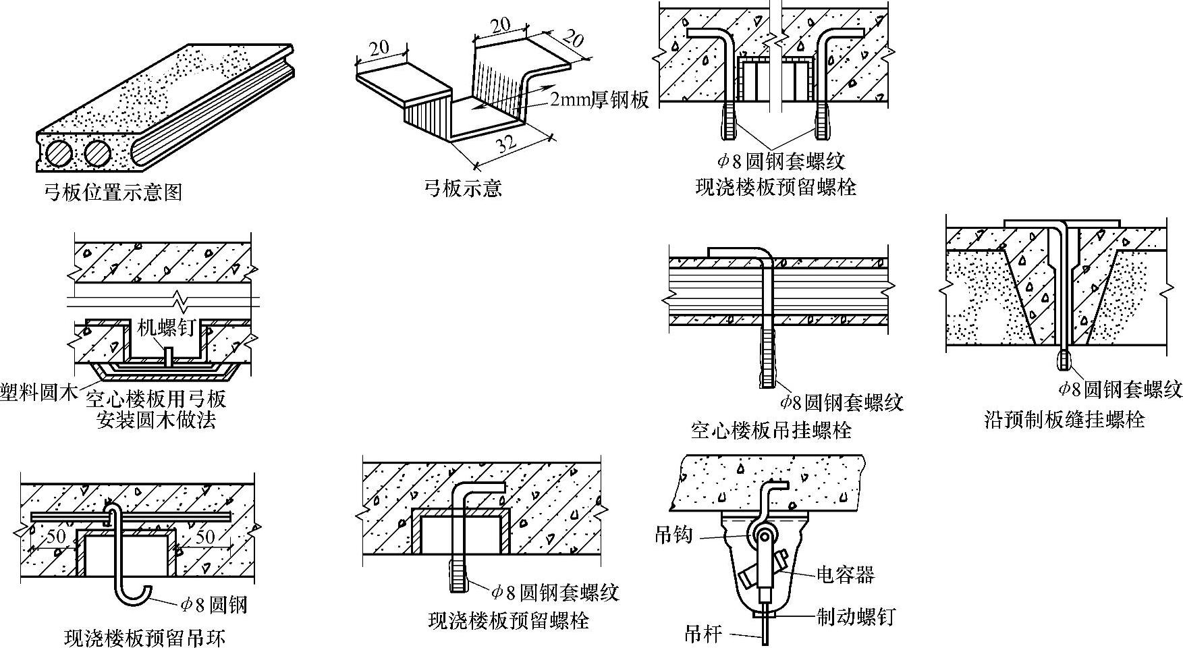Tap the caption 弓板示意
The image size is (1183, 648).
click(x=463, y=188)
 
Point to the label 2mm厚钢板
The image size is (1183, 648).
click(x=599, y=100)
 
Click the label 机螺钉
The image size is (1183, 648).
click(x=166, y=328)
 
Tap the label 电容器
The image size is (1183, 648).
click(x=845, y=574)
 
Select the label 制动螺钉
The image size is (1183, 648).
click(x=855, y=616)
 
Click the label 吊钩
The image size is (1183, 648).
click(x=673, y=535)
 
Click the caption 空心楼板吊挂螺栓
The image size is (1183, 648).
click(x=771, y=430)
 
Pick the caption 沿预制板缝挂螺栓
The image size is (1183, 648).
click(x=1065, y=420)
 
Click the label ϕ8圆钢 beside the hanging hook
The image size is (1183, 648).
click(x=213, y=605)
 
